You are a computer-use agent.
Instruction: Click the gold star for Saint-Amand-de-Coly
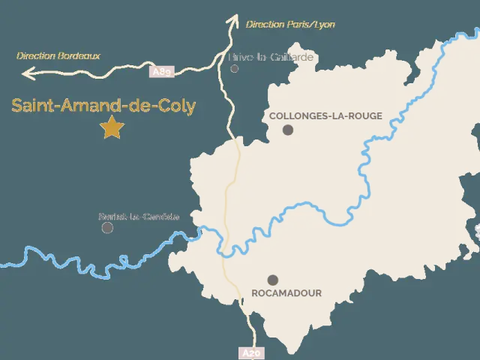(x=112, y=127)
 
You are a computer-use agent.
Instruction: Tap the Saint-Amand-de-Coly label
(x=103, y=106)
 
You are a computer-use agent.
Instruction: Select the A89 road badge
(x=162, y=72)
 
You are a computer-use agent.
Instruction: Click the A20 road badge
(x=250, y=352)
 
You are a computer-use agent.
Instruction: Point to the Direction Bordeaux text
(x=58, y=55)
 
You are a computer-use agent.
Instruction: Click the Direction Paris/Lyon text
(x=290, y=25)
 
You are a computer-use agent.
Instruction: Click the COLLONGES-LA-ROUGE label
(x=325, y=116)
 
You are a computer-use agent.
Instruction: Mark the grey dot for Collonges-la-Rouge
(x=288, y=130)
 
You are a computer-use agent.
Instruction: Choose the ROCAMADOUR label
(x=286, y=293)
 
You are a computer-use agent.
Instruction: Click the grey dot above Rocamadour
(x=272, y=280)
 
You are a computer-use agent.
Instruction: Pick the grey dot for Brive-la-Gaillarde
(x=235, y=68)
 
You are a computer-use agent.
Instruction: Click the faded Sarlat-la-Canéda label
(x=139, y=217)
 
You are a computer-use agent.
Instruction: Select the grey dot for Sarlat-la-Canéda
(x=108, y=227)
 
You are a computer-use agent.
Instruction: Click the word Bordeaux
(x=79, y=55)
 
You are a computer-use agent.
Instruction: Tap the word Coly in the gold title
(x=178, y=106)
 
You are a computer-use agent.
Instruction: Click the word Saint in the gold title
(x=31, y=106)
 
